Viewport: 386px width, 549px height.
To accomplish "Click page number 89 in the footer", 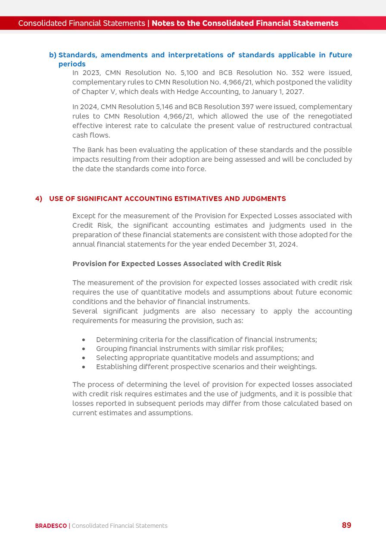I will (346, 525).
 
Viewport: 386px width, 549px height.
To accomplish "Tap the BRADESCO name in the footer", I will (51, 526).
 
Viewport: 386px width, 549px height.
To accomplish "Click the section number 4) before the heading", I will (39, 199).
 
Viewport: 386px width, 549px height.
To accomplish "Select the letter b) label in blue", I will (53, 55).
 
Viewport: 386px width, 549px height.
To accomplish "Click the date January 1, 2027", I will (278, 92).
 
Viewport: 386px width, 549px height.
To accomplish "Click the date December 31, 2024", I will (265, 245).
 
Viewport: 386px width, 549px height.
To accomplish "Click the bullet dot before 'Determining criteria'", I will (84, 340).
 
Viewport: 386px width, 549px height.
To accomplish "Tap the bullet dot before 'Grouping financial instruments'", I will (84, 349).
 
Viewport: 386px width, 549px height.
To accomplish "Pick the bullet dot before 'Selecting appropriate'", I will (84, 358).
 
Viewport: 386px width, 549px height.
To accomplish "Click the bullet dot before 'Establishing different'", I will (84, 367).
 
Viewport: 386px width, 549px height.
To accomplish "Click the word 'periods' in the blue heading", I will (72, 64).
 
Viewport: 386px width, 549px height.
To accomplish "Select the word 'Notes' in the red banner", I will (163, 23).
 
